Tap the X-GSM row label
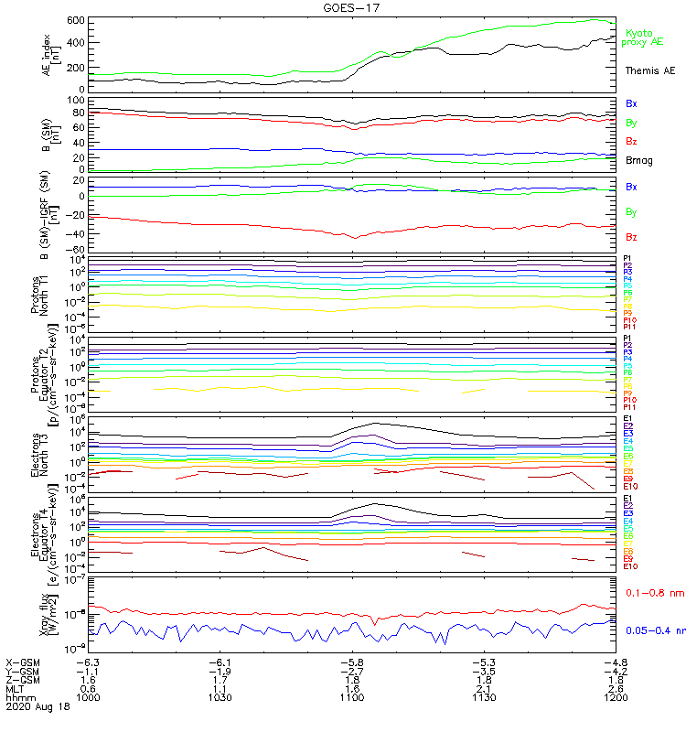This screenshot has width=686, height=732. (24, 662)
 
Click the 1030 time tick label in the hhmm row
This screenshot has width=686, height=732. (220, 696)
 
